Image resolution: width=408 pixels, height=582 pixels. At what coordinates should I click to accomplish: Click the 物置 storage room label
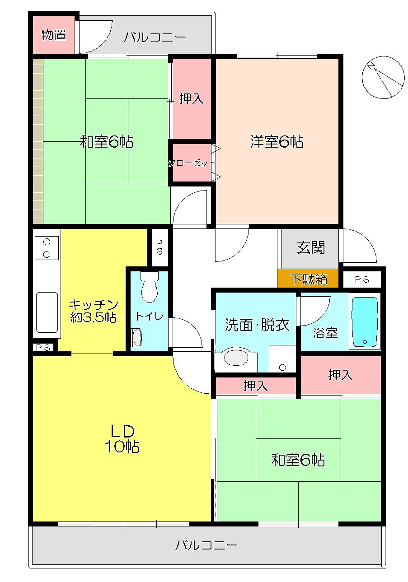tap(54, 35)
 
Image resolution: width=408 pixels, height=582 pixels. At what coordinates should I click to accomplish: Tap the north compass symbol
tap(383, 77)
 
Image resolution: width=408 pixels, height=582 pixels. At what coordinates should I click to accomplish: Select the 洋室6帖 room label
tap(277, 142)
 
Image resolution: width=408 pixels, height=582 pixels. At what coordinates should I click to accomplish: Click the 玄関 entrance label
tap(311, 247)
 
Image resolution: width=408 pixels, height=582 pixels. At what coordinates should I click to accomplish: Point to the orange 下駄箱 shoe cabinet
tap(308, 279)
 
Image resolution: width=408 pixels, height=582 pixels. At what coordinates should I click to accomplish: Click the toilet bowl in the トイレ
tap(150, 287)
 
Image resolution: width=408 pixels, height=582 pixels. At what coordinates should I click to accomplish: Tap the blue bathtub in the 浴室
tap(365, 322)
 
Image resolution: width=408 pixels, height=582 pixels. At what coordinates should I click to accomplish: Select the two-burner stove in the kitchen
tap(47, 248)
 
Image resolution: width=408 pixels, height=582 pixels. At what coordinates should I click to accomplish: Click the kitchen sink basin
tap(47, 312)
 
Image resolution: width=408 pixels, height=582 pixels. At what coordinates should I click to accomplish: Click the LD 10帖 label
tap(122, 439)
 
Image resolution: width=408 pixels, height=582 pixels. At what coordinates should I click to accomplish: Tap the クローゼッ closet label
tap(188, 163)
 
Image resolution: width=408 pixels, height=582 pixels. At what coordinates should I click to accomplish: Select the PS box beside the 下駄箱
tap(362, 279)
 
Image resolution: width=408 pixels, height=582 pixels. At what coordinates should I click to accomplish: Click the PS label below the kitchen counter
tap(43, 348)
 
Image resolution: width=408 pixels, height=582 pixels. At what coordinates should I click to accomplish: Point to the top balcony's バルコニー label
tap(155, 37)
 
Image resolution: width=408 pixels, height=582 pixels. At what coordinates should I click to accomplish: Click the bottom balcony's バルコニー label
tap(206, 545)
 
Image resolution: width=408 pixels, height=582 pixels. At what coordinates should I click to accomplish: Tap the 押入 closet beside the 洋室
tap(192, 98)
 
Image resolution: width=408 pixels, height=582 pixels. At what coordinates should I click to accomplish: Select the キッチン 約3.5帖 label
tap(94, 311)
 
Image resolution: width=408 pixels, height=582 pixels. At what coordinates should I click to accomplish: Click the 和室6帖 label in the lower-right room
tap(298, 460)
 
